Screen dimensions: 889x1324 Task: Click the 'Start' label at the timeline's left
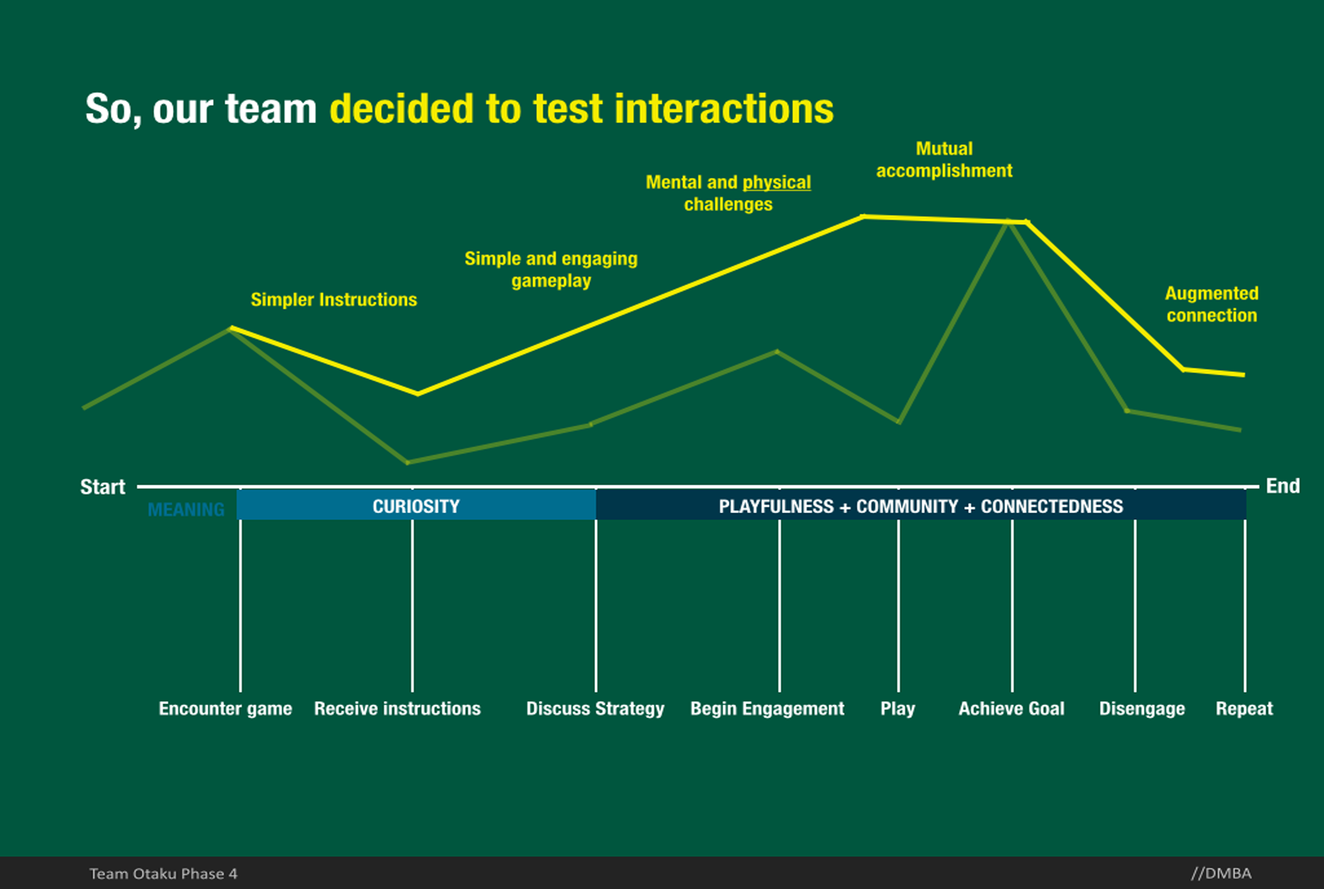[103, 487]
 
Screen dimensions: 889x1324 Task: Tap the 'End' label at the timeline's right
[1283, 486]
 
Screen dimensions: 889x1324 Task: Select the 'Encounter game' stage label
[225, 709]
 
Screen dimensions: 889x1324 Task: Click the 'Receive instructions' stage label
[397, 709]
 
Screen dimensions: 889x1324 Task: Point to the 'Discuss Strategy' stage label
[595, 709]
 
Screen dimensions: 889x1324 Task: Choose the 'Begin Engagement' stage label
[767, 709]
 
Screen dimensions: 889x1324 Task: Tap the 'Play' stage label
[898, 709]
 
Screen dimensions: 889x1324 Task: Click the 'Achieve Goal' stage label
[1011, 709]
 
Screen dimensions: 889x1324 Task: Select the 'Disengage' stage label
[1142, 709]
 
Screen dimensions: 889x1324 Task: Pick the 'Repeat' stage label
[1244, 709]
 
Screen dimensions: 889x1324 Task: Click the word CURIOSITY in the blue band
[416, 506]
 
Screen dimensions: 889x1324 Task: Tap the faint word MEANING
[186, 510]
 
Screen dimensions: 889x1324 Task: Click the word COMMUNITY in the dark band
[907, 506]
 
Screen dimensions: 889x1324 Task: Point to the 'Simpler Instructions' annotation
[333, 299]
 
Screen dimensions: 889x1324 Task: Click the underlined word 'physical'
[776, 183]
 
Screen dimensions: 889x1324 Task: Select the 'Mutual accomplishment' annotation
[944, 160]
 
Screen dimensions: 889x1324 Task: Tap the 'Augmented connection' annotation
[1212, 305]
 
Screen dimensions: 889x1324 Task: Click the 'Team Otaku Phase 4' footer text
[163, 874]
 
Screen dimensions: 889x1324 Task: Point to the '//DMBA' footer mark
[1221, 873]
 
